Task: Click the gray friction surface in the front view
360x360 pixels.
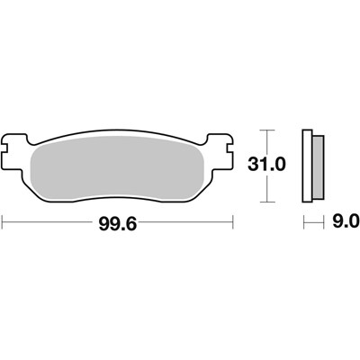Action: [118, 166]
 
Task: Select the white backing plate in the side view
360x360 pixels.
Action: [308, 164]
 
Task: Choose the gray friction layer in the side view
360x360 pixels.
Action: [318, 164]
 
